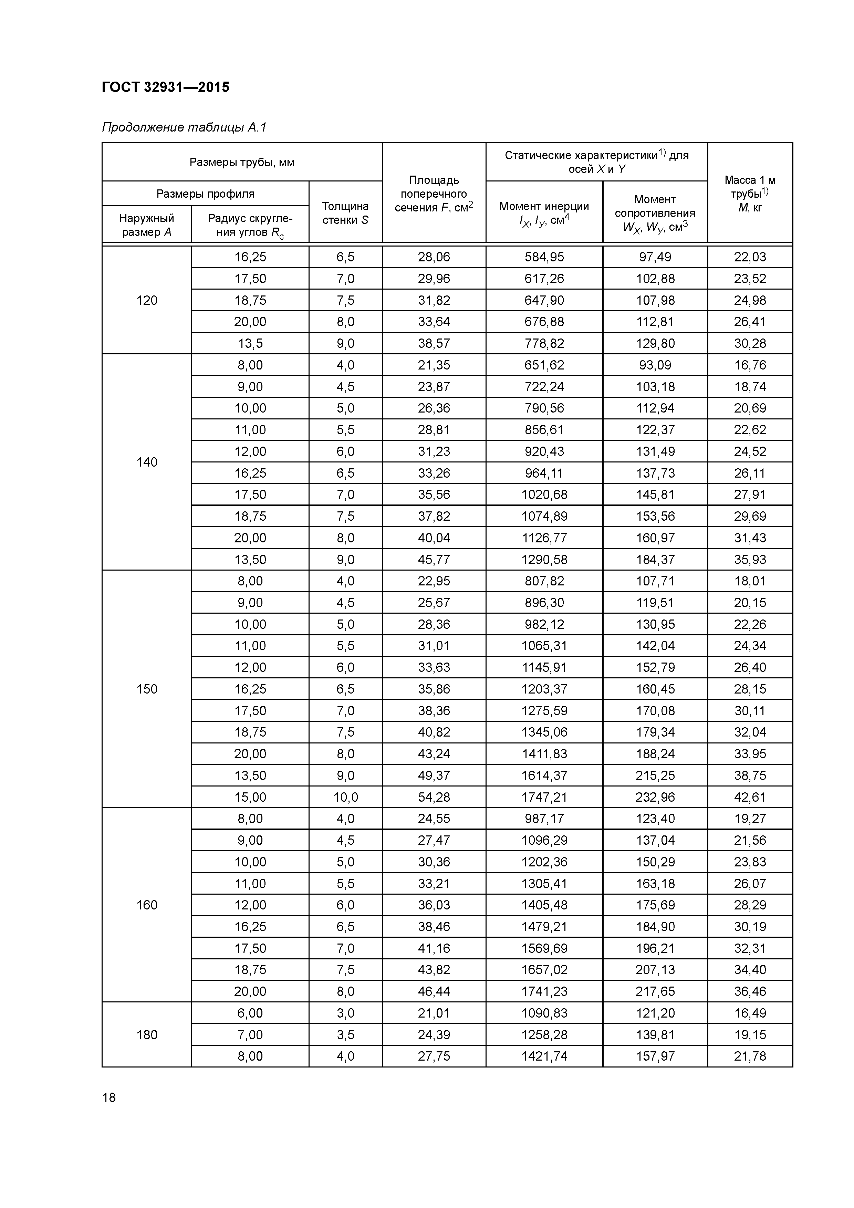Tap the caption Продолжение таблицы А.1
(x=184, y=127)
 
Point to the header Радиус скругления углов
(x=250, y=225)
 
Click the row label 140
(x=147, y=462)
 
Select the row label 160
(x=147, y=905)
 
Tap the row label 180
(x=147, y=1034)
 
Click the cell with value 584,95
(x=544, y=257)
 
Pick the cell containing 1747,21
(x=544, y=797)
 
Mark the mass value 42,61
(x=750, y=797)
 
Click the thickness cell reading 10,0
(x=345, y=797)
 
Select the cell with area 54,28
(x=434, y=797)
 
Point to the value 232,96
(x=655, y=797)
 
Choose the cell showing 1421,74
(x=544, y=1056)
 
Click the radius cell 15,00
(x=250, y=797)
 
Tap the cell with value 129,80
(x=655, y=343)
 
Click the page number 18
(x=109, y=1097)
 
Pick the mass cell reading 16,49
(x=750, y=1013)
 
